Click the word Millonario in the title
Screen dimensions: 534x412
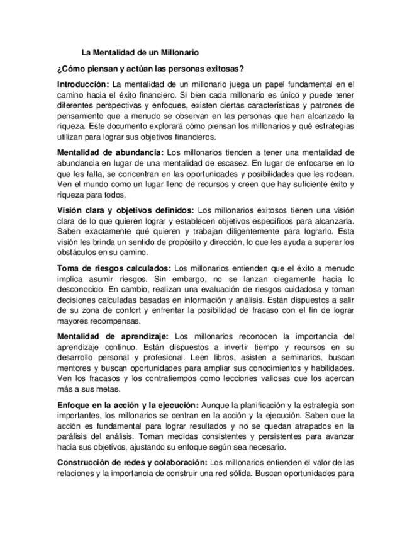[x=180, y=54]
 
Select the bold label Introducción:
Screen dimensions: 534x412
[x=83, y=84]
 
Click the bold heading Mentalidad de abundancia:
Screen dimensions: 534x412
[x=111, y=152]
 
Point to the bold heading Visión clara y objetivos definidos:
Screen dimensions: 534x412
[x=125, y=210]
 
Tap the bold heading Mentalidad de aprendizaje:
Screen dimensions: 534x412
[x=113, y=336]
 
